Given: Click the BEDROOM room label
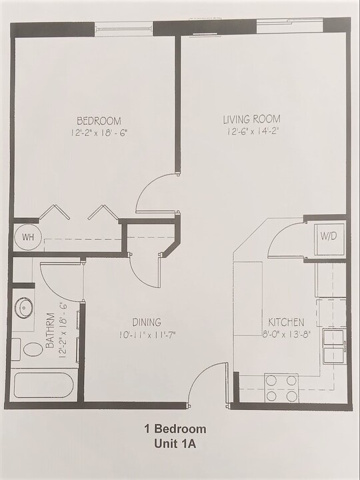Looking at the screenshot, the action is click(x=99, y=121).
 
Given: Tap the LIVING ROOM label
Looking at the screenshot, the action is click(x=252, y=119).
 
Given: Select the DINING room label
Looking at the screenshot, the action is click(x=147, y=322).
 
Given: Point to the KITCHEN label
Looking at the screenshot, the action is click(x=286, y=322).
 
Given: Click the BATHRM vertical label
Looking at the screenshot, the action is click(x=50, y=330).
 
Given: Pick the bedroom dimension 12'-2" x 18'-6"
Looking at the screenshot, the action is click(x=99, y=133).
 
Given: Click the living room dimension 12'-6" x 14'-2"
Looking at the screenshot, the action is click(x=253, y=131).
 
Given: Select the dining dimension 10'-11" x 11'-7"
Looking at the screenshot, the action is click(x=147, y=335).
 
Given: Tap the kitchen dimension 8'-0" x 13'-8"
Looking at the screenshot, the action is click(x=287, y=334).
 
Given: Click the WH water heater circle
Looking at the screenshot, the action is click(x=27, y=237).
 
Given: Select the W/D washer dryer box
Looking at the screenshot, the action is click(x=329, y=239).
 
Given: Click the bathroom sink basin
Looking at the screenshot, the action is click(x=23, y=308).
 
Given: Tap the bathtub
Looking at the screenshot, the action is click(x=43, y=385).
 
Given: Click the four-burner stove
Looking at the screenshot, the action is click(x=281, y=388).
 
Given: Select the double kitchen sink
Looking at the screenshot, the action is click(x=334, y=347).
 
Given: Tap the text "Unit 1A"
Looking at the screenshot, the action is click(x=175, y=443).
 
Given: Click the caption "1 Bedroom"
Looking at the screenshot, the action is click(x=175, y=429).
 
